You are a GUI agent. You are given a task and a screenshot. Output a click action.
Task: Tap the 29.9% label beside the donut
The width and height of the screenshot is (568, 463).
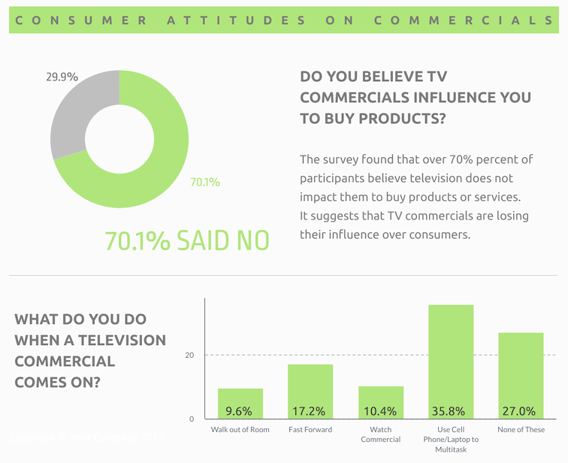tap(62, 77)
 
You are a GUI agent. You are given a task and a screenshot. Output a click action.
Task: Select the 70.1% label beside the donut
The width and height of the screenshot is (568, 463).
tap(205, 182)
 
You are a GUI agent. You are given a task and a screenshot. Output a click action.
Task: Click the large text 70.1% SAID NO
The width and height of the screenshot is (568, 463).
tap(186, 240)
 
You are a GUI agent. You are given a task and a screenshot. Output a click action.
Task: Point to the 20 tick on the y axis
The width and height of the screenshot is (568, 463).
tap(190, 355)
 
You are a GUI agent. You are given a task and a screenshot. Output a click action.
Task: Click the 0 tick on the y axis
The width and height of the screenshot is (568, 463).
tap(192, 419)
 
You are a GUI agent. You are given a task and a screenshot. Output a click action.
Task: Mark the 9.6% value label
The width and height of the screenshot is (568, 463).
tap(240, 411)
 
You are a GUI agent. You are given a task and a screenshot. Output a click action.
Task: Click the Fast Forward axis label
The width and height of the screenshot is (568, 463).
tap(310, 430)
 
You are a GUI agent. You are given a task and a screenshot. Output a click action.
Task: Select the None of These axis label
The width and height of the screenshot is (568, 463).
tap(521, 430)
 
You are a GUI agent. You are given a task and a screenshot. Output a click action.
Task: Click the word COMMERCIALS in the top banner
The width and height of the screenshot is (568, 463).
tap(463, 20)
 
